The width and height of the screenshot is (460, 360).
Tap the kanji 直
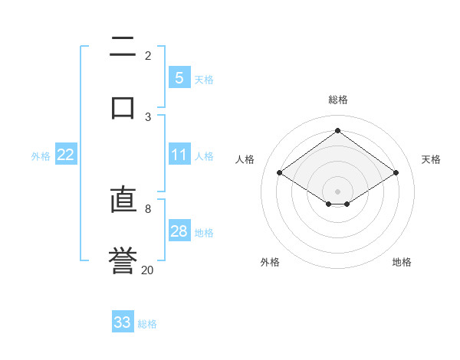(123, 201)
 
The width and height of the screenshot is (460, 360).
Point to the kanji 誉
(123, 260)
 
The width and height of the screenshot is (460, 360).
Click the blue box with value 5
(179, 78)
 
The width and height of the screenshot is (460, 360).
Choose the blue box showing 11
(179, 155)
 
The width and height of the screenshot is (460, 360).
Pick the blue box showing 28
(179, 231)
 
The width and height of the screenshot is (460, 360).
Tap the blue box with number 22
(66, 155)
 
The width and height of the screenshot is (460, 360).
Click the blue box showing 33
(123, 322)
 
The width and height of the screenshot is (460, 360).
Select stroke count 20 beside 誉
(148, 269)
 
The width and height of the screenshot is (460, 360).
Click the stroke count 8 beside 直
(148, 208)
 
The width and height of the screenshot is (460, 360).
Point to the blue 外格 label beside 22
(41, 155)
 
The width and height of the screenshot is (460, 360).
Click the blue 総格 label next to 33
(147, 324)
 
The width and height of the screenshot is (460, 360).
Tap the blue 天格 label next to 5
(204, 79)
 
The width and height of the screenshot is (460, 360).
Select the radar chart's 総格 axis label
(338, 100)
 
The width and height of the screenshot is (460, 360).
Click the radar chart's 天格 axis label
(431, 159)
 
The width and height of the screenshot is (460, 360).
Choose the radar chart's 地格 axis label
(402, 262)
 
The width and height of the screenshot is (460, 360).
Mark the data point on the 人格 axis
(280, 173)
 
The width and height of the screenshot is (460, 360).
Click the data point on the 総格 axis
(337, 130)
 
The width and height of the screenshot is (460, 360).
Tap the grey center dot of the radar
(337, 190)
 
